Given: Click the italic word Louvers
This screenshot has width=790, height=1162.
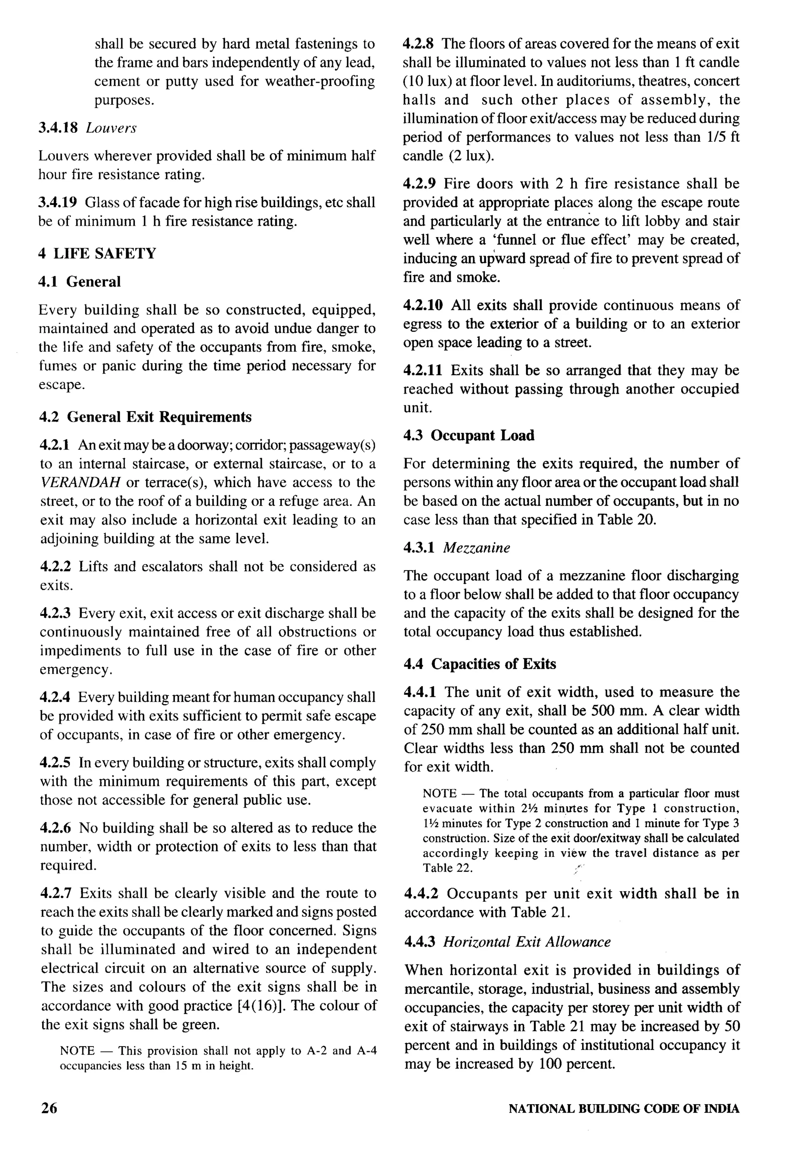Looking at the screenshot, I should (111, 128).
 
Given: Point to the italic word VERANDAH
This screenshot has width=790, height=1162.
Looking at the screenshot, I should (80, 483).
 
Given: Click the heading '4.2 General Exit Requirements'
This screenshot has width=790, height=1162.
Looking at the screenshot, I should (145, 417).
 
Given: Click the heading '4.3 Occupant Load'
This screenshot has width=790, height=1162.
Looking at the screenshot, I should (469, 435).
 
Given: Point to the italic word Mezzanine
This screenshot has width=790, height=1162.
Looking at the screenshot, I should (476, 548).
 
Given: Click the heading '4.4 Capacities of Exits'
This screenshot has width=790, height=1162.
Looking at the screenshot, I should (480, 664).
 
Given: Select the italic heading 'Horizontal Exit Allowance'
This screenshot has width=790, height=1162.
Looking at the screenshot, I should (527, 942).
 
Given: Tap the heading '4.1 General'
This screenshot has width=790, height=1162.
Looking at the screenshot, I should (80, 282).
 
